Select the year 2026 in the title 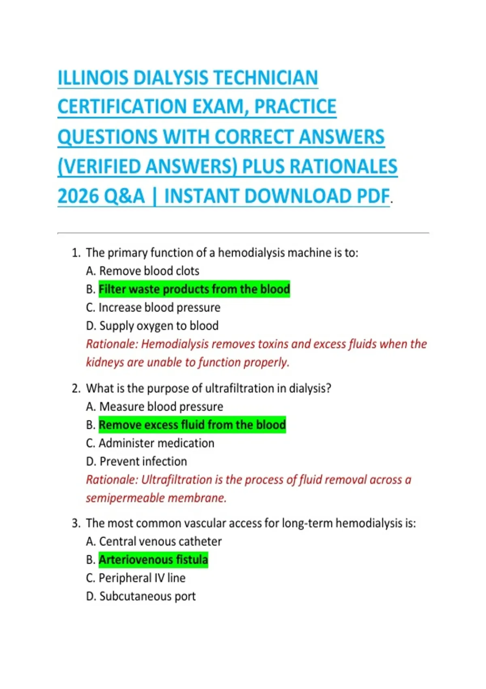[x=78, y=196]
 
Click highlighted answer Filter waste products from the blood [x=194, y=289]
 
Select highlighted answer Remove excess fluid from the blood [x=192, y=425]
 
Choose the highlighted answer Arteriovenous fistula [x=153, y=560]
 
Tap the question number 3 [x=76, y=523]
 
